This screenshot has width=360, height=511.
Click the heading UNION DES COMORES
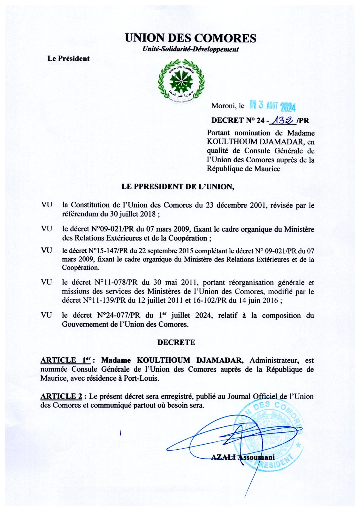coord(190,38)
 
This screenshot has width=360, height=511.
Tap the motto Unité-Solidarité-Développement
coord(191,50)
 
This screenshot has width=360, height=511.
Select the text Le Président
coord(68,59)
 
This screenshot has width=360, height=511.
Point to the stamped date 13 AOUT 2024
coord(272,106)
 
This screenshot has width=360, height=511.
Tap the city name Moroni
coord(223,106)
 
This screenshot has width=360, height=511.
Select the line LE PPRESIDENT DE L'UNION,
coord(178,187)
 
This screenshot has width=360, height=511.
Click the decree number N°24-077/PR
coord(119,316)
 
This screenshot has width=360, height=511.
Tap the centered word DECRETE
coord(176,342)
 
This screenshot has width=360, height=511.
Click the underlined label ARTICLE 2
coord(61,397)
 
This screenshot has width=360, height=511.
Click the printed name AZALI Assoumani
coord(243,458)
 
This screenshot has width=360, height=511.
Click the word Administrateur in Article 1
coord(274,361)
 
